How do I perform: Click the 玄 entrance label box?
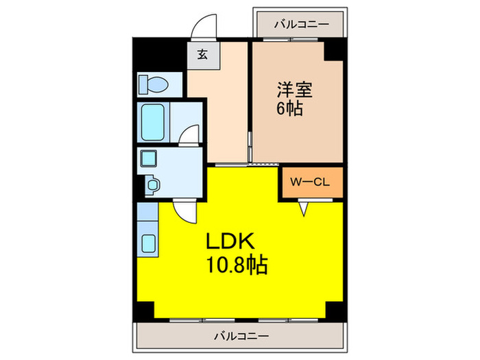click(203, 56)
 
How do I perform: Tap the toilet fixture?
click(152, 84)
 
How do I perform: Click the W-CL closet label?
click(311, 182)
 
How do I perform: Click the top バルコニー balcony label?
click(301, 24)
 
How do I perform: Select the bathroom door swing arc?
click(190, 134)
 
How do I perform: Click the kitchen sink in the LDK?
click(147, 242)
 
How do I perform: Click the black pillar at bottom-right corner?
click(335, 310)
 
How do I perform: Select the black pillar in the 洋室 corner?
click(335, 50)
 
